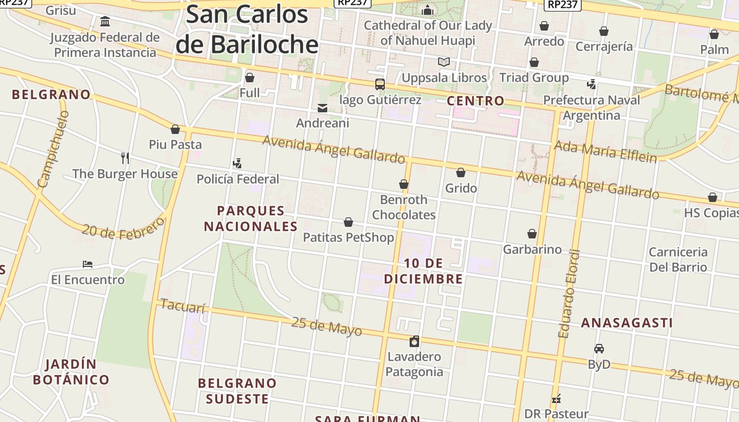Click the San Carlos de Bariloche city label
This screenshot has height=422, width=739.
(x=247, y=29)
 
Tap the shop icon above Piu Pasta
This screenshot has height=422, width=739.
(x=175, y=129)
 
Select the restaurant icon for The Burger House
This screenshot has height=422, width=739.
(x=125, y=158)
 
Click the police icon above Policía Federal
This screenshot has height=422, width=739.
(x=238, y=164)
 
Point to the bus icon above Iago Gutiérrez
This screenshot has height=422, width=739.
(x=380, y=84)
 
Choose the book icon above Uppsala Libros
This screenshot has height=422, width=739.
(x=444, y=62)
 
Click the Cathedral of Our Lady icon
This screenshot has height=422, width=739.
(x=428, y=10)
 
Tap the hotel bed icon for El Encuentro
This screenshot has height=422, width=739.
(x=88, y=264)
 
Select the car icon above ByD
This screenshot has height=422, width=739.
(x=599, y=349)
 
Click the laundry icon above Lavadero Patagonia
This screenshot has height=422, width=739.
(x=414, y=341)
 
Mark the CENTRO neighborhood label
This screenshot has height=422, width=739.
(x=475, y=101)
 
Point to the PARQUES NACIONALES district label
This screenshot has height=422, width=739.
(x=251, y=218)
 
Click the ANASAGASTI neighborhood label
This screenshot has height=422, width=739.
(x=627, y=323)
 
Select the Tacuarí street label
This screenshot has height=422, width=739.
(x=182, y=306)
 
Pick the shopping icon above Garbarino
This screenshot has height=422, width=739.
(x=532, y=234)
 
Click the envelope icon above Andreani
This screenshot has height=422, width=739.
(x=322, y=108)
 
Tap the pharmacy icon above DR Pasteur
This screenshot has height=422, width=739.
(x=556, y=399)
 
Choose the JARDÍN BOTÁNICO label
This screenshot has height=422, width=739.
(x=71, y=372)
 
